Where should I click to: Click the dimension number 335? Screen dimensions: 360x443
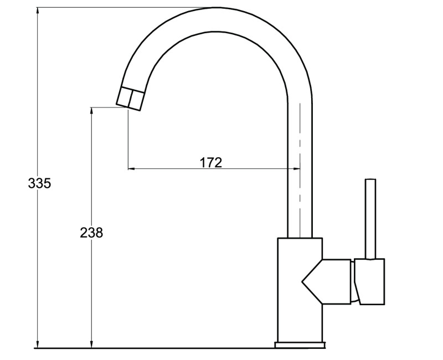pyautogui.click(x=39, y=184)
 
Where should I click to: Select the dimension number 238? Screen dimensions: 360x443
pyautogui.click(x=91, y=233)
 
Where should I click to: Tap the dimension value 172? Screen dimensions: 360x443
pyautogui.click(x=211, y=163)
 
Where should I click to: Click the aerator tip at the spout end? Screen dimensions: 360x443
pyautogui.click(x=131, y=99)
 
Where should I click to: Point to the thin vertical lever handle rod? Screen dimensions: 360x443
pyautogui.click(x=370, y=218)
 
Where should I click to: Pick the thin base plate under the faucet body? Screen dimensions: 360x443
pyautogui.click(x=299, y=346)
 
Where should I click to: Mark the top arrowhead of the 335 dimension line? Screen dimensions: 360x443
pyautogui.click(x=38, y=11)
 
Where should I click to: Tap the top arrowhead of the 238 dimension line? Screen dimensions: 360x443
pyautogui.click(x=91, y=111)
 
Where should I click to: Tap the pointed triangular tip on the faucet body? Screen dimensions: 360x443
pyautogui.click(x=303, y=282)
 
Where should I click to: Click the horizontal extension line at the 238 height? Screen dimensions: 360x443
pyautogui.click(x=108, y=107)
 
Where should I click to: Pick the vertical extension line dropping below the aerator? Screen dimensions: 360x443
pyautogui.click(x=128, y=138)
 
